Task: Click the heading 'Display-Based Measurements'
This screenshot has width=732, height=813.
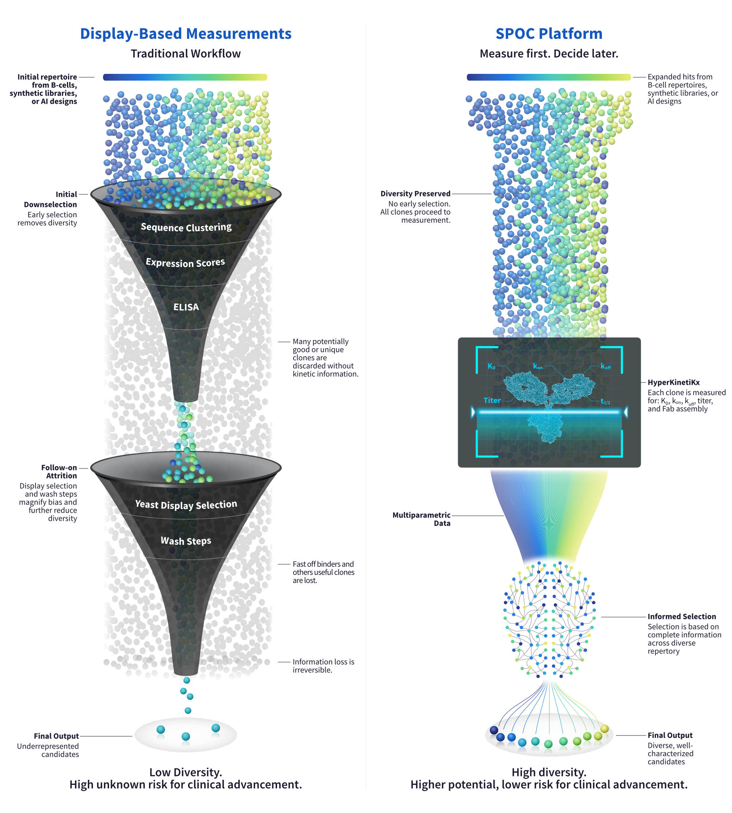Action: [186, 34]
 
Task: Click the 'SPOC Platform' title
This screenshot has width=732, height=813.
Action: [549, 34]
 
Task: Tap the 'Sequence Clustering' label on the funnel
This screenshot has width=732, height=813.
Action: [186, 227]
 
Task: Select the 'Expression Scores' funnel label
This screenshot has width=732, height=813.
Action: [186, 263]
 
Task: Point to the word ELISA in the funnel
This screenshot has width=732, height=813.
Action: [186, 307]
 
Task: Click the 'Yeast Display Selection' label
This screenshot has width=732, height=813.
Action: [186, 504]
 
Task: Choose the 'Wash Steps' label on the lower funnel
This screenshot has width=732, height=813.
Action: [186, 541]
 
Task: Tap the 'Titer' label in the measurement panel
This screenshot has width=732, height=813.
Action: [492, 400]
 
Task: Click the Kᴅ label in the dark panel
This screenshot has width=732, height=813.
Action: [492, 366]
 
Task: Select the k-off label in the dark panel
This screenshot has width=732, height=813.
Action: [605, 366]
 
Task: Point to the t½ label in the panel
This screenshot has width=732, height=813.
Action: [605, 401]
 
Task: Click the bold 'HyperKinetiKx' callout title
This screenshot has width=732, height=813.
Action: [673, 382]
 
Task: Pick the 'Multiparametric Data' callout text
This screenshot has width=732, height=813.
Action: [422, 519]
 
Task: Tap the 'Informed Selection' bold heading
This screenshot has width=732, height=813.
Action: [682, 616]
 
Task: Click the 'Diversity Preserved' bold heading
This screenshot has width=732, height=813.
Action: [415, 193]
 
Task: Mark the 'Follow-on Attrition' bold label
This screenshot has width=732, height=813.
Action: [59, 471]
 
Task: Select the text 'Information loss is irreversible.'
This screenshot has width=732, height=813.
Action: [324, 666]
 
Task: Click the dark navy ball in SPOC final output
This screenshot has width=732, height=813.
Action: [494, 730]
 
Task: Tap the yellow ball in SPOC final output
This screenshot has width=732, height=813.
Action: [605, 729]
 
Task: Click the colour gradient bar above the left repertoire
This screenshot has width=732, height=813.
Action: [185, 77]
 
